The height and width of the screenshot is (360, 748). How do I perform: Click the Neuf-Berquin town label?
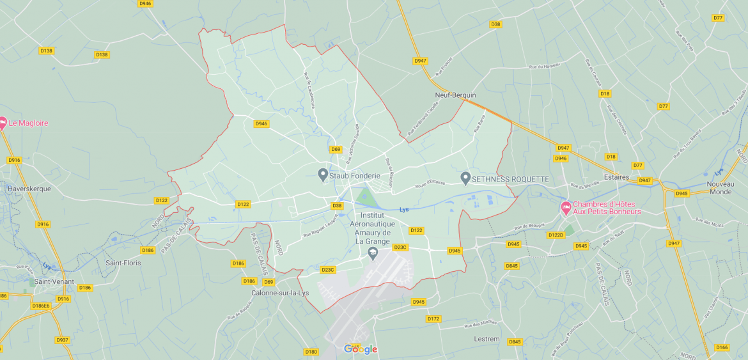455,95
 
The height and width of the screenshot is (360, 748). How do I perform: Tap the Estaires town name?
617,177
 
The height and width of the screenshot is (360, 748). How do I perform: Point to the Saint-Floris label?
123,263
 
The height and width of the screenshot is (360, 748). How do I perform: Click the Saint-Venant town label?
54,281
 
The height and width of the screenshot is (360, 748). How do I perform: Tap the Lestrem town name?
487,339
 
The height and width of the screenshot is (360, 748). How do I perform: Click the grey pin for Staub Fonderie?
323,174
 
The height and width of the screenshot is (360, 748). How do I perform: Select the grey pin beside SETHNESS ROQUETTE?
465,177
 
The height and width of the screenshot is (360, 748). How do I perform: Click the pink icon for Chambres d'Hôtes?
565,207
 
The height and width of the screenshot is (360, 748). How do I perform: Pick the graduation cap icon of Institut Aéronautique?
372,254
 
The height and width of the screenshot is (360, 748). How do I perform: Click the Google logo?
361,349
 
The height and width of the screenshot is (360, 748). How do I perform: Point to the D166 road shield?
722,347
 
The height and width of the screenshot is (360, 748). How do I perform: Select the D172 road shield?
433,318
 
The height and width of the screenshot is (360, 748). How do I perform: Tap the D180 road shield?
311,352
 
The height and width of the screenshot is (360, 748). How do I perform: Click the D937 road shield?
62,340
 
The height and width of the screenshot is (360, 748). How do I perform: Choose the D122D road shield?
556,235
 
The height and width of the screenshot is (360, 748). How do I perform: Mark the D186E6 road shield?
42,306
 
